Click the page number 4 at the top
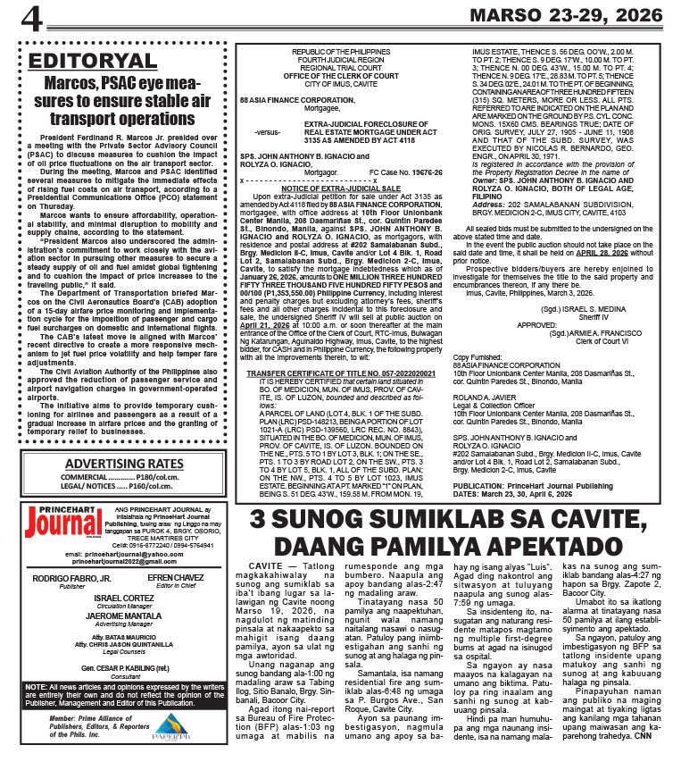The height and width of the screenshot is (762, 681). [x=32, y=17]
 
